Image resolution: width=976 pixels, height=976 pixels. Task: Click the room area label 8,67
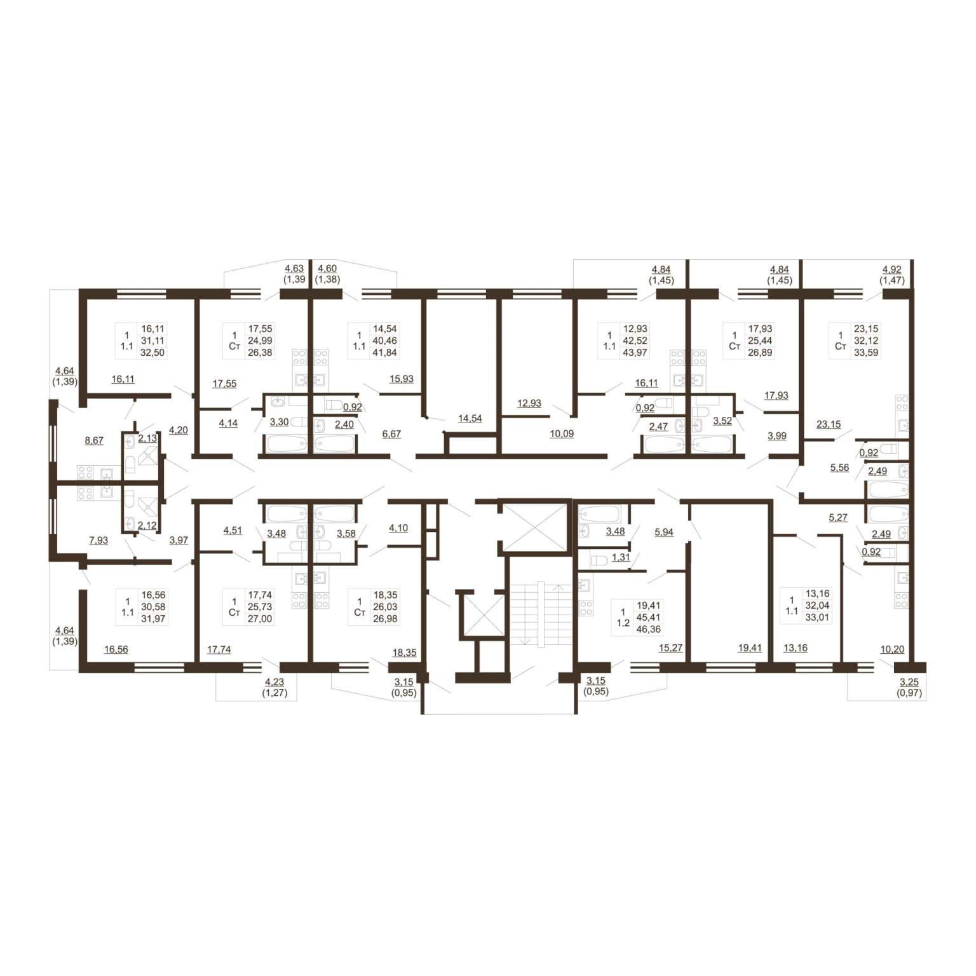[94, 440]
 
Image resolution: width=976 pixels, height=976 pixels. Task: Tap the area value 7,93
[98, 541]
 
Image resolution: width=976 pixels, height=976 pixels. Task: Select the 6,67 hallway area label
[391, 434]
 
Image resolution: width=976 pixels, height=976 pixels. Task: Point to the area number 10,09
[562, 434]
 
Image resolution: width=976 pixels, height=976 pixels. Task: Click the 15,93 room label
[402, 379]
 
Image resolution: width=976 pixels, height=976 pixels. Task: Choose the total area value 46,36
[647, 629]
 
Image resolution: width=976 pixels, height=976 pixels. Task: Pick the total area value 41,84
[385, 353]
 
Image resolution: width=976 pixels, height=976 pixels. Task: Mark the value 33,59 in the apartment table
[866, 353]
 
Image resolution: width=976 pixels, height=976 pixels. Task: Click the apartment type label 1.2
[623, 623]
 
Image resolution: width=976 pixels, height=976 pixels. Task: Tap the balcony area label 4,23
[275, 682]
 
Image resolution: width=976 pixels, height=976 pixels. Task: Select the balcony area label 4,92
[892, 269]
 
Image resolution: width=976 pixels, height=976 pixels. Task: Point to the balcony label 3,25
[909, 682]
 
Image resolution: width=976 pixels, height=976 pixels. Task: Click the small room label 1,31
[621, 557]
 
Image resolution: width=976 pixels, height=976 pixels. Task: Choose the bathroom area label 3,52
[722, 421]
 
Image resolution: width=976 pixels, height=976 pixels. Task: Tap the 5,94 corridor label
[664, 532]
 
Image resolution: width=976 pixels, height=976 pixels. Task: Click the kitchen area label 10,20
[892, 649]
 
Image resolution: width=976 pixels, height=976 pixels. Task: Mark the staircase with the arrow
[540, 614]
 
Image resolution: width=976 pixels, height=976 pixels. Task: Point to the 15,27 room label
[670, 648]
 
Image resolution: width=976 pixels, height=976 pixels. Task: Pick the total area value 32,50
[153, 353]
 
